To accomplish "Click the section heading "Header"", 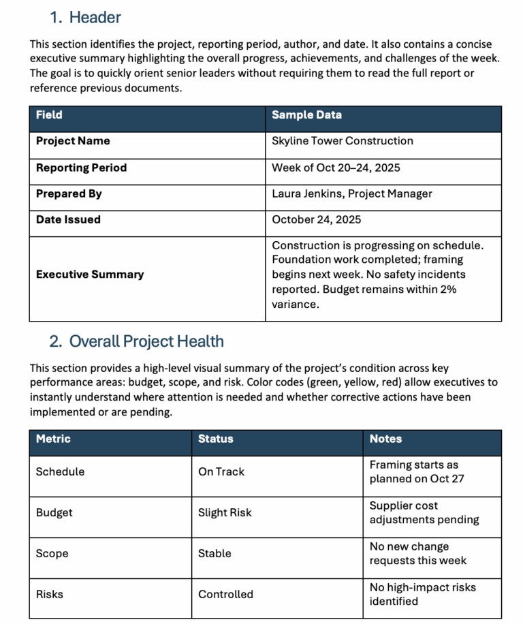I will coord(95,18).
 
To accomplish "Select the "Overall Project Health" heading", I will coord(146,341).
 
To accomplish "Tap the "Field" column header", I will coord(49,115).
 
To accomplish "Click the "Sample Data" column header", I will coord(306,115).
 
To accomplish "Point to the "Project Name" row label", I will coord(73,141).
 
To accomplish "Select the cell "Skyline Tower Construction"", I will coord(342,141).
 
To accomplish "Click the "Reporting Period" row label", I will coord(81,168).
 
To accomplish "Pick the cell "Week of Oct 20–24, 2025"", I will coord(336,168).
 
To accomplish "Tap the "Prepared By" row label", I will coord(69,193).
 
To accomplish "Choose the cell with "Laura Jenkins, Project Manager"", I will coord(351,193).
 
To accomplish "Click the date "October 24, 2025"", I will coord(316,219).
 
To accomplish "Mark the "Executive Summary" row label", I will coord(90,275).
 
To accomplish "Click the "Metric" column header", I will coord(53,439).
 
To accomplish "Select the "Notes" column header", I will coord(385,439).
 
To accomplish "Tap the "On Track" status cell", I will coord(221,471).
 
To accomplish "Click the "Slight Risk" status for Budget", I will coord(225,512).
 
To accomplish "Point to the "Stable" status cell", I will coord(215,553).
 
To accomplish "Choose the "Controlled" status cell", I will coord(225,594).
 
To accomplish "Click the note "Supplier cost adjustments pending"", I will coord(424,513).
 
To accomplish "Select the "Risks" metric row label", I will coord(50,594).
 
